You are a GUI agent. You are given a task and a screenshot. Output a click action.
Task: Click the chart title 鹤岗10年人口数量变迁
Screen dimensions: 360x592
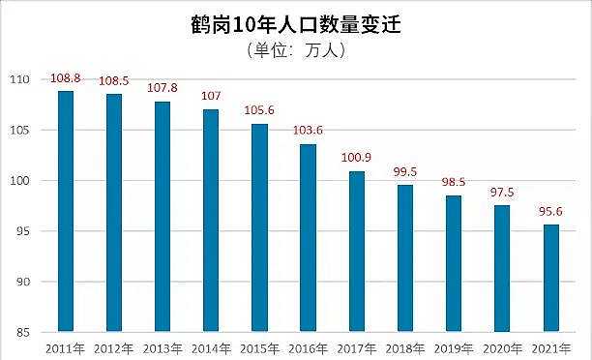click(x=296, y=23)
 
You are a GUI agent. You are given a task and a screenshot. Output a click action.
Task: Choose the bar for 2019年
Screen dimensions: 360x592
click(x=454, y=263)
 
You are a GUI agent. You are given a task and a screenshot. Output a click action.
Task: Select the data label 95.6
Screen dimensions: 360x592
click(x=550, y=213)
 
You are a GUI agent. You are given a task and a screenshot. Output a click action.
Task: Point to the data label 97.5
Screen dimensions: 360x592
click(x=502, y=194)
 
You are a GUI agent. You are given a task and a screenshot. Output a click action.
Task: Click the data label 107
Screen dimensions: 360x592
click(x=211, y=98)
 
